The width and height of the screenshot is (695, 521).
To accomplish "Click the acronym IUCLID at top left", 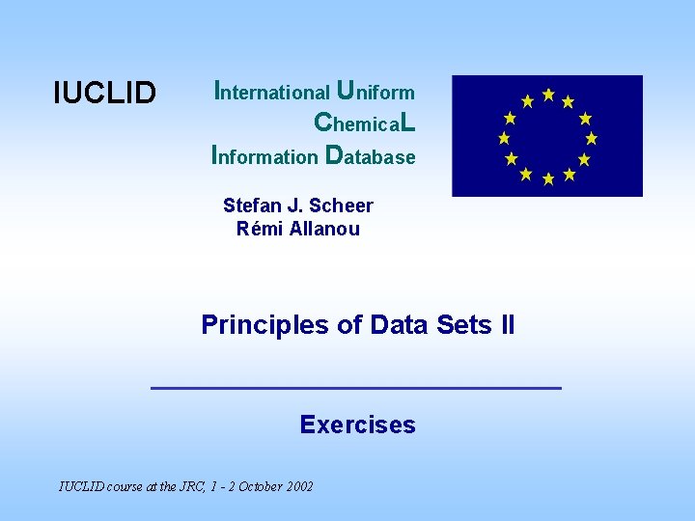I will click(104, 93).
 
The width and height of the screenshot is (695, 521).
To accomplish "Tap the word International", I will click(271, 93).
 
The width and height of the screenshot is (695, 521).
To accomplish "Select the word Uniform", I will click(375, 92).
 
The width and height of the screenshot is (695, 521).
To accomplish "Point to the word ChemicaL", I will click(365, 123).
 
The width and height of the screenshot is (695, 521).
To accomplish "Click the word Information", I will click(264, 155).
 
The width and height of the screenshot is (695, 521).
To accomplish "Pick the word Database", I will click(372, 155).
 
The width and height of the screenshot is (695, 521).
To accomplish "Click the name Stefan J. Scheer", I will click(297, 206).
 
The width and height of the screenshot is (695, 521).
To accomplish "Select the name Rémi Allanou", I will click(297, 229).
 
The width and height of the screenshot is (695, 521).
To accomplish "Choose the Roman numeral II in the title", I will click(508, 325).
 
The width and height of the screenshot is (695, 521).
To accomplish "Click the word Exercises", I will click(357, 425).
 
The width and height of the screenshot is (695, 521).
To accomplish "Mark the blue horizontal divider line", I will click(356, 387).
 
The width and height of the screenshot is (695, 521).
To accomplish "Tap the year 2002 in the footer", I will click(297, 486).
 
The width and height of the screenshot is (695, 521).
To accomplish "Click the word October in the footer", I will click(252, 486).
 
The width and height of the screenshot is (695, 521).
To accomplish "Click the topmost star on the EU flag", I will click(548, 95).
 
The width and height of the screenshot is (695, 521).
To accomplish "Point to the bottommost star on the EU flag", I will click(548, 178).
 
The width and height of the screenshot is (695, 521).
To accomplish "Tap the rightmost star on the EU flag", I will click(591, 138).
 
